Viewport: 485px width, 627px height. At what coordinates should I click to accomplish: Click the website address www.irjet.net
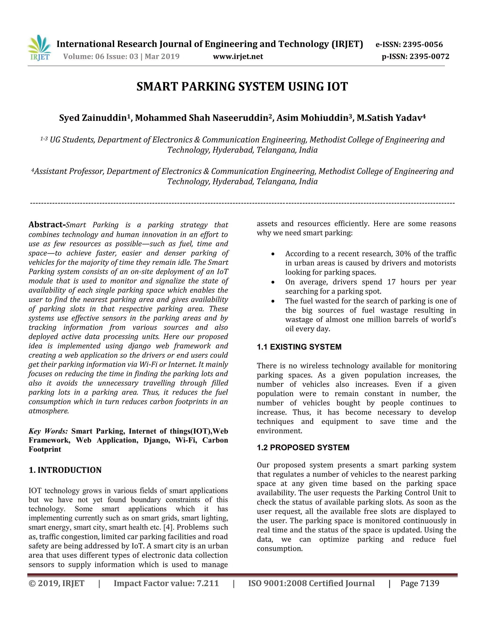point(238,57)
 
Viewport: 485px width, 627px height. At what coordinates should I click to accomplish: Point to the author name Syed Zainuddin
point(93,118)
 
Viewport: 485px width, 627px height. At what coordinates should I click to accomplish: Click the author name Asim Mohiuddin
point(312,118)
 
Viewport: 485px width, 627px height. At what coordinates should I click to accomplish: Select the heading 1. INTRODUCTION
point(65,470)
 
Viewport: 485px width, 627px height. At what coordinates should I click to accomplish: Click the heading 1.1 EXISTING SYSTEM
point(299,347)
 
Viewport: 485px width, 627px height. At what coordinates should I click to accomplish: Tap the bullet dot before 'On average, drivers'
point(273,283)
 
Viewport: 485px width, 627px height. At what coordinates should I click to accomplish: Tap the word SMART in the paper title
point(157,87)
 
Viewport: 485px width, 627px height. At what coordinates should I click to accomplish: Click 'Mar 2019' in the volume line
point(162,57)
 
